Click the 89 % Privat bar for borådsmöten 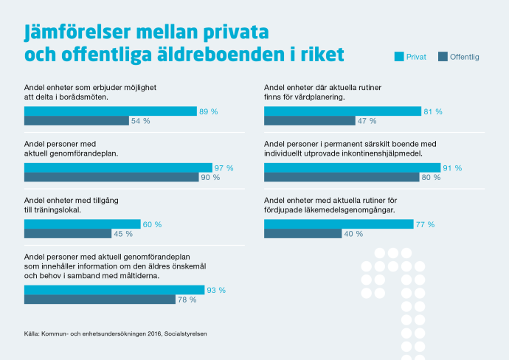pos(111,111)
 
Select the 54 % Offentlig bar pos(77,121)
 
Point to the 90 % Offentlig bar pos(111,177)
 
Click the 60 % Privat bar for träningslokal pos(82,224)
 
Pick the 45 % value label pos(122,234)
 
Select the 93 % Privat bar pos(114,290)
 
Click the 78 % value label pos(187,300)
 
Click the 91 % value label pos(451,167)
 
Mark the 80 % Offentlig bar pos(342,177)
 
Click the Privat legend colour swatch pos(399,56)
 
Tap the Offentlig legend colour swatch pos(443,56)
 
